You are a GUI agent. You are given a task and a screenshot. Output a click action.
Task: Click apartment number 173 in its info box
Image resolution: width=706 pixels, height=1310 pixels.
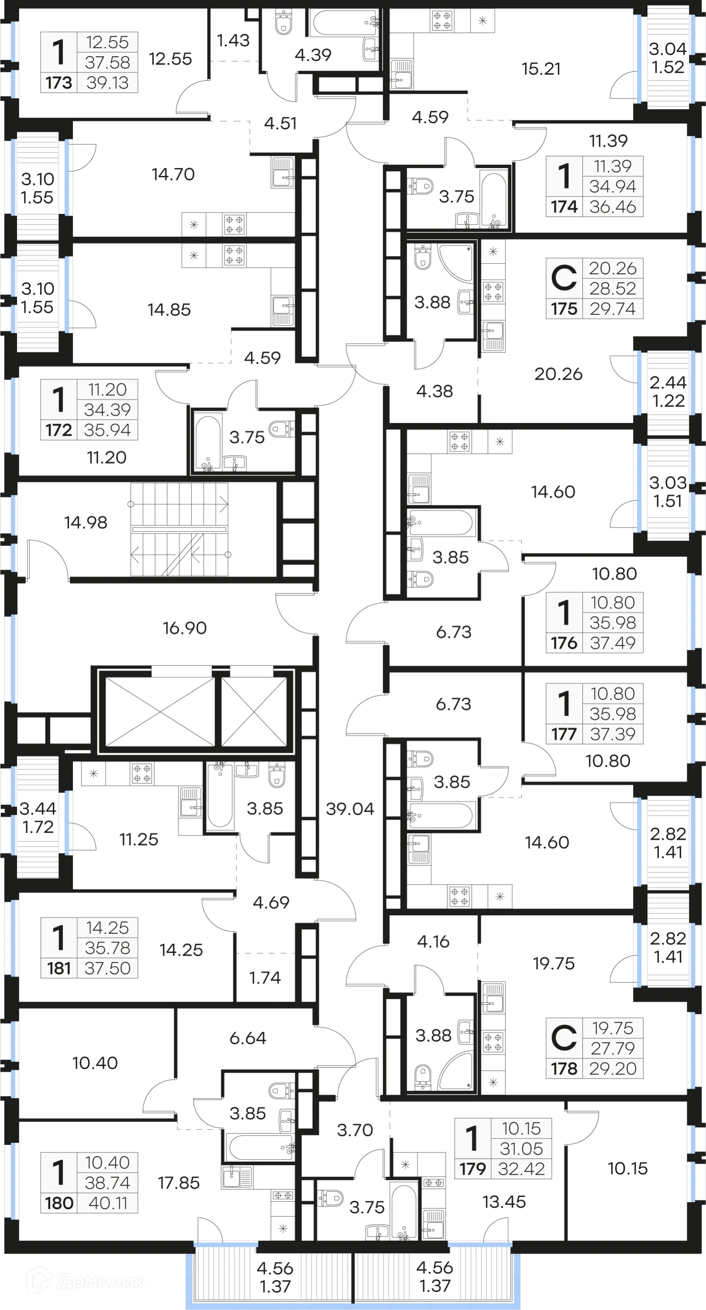tap(59, 83)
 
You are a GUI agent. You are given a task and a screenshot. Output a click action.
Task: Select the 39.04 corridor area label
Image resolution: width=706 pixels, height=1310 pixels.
tap(350, 809)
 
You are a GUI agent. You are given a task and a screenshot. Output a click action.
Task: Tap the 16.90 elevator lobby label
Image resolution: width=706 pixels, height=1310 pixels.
tap(185, 628)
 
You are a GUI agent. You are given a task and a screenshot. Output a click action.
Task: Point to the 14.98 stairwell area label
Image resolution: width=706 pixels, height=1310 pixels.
tap(86, 522)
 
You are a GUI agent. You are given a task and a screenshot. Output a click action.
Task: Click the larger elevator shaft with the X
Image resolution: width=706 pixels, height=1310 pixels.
tap(160, 712)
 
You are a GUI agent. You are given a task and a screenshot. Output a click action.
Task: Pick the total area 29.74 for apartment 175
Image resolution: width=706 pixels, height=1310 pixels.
tap(613, 309)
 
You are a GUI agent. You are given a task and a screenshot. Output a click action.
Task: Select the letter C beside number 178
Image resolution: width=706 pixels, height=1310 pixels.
tap(564, 1038)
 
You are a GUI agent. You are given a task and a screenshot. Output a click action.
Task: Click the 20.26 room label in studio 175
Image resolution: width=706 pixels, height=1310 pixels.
tap(558, 374)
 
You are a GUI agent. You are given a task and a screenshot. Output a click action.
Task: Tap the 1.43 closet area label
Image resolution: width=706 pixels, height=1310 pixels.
tap(233, 40)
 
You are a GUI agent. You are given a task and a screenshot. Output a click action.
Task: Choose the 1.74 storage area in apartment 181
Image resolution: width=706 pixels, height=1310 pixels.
tap(264, 977)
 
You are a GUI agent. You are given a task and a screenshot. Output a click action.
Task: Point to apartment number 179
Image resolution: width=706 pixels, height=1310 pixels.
tap(473, 1169)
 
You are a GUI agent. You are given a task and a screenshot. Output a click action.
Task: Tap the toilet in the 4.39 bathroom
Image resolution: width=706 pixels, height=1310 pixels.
tap(283, 22)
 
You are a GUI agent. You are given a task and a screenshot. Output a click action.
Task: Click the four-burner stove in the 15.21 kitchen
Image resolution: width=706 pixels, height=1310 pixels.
tap(442, 21)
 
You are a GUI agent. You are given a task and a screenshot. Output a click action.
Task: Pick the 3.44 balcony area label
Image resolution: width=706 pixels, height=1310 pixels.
tap(38, 809)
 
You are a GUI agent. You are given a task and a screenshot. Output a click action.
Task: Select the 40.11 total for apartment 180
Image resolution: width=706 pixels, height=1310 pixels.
tap(108, 1203)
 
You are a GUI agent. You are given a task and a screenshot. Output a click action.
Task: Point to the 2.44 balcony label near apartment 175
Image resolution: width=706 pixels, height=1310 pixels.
tap(668, 382)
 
